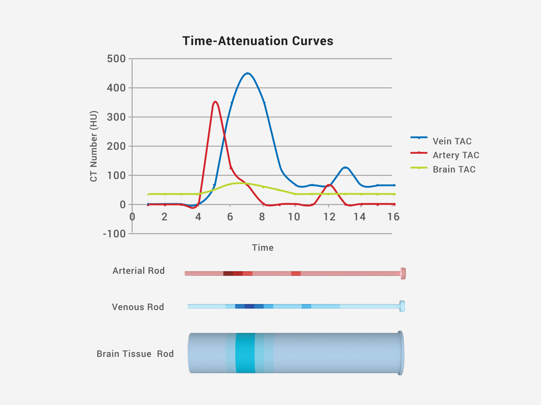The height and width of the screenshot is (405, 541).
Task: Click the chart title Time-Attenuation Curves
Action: point(258,41)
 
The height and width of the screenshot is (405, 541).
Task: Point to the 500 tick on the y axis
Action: point(116,59)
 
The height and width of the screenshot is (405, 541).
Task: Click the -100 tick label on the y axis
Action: point(114,234)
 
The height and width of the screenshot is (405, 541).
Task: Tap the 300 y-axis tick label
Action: point(116,117)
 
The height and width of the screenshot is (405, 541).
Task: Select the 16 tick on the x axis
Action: point(393,217)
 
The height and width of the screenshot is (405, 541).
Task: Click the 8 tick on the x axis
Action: point(262,217)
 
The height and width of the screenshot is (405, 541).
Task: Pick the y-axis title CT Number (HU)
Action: point(94,146)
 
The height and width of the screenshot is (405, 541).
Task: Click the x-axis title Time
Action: point(263,247)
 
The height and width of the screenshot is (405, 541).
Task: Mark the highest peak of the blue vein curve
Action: point(247,73)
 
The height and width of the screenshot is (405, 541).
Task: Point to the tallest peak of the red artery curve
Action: point(215,101)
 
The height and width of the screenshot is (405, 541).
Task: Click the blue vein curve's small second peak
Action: point(345,167)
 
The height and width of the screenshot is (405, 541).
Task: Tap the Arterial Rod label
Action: point(139,271)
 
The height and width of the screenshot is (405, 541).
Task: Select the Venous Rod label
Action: point(138,307)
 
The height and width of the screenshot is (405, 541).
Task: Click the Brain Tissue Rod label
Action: point(135,354)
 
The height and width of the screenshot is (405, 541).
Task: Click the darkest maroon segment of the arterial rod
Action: point(228,273)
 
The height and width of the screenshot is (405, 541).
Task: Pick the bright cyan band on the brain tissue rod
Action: point(245,353)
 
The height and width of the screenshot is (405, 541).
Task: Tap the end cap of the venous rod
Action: point(402,306)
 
